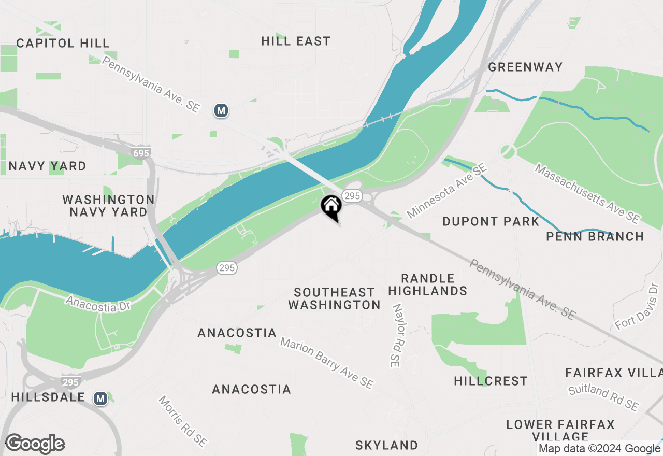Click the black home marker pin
click(x=331, y=207)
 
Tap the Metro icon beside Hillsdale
click(x=100, y=398)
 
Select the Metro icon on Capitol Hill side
click(x=221, y=110)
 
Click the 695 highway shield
click(x=140, y=153)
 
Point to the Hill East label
click(x=296, y=41)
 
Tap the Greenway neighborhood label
click(x=525, y=67)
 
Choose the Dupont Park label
click(x=491, y=222)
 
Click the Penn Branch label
click(x=595, y=237)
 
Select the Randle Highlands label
click(x=428, y=284)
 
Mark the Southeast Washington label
click(x=335, y=298)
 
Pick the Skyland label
click(x=386, y=445)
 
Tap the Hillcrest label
click(x=491, y=381)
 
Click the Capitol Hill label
click(x=63, y=43)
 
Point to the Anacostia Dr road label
click(x=98, y=304)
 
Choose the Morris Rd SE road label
click(x=182, y=421)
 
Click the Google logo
click(x=35, y=444)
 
